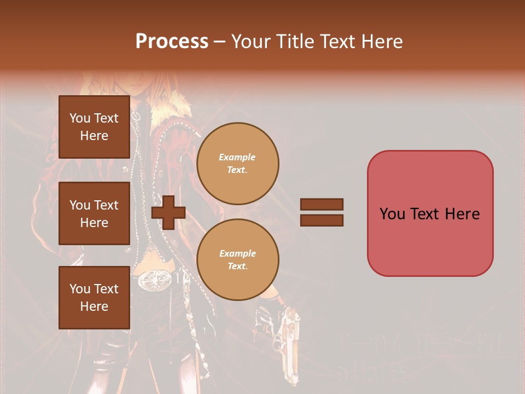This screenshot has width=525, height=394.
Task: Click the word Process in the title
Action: [x=172, y=42]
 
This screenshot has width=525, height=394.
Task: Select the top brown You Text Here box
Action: [x=94, y=127]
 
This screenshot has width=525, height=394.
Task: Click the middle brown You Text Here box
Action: [x=94, y=213]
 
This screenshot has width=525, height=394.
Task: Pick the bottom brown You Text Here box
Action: [x=94, y=298]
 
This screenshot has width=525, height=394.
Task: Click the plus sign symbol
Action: [x=168, y=213]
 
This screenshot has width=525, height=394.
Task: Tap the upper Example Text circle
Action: [x=238, y=164]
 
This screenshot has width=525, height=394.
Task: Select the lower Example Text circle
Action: [x=238, y=260]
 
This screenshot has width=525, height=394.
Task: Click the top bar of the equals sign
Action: [x=322, y=204]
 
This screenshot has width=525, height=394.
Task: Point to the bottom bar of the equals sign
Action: [x=322, y=221]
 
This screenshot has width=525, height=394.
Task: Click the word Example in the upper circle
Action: [x=237, y=157]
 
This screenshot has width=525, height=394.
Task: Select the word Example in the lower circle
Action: [x=237, y=253]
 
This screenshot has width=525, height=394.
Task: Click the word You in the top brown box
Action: [x=80, y=118]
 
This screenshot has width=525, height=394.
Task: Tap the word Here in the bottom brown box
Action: [x=94, y=306]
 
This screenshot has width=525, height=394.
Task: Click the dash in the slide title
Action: [x=220, y=42]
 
